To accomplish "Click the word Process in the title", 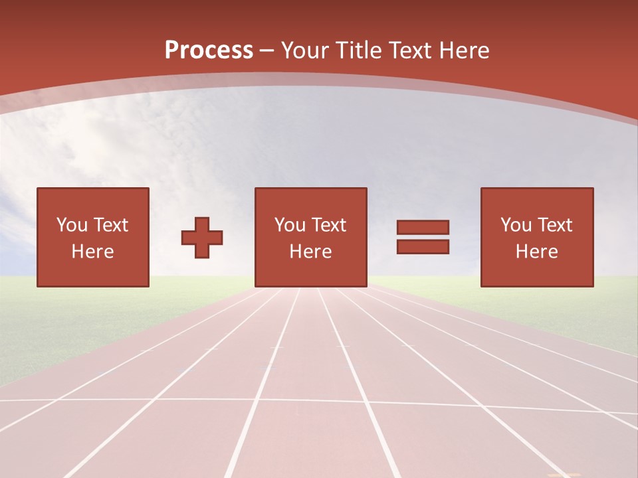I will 209,50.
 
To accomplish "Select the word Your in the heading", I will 304,50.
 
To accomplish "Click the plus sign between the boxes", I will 202,238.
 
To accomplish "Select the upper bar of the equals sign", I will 423,227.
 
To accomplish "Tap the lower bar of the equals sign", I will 423,246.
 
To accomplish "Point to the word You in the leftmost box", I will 72,225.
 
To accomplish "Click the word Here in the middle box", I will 310,252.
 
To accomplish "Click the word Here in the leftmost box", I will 92,252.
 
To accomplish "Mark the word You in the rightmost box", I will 516,225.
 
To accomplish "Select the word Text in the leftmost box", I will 110,225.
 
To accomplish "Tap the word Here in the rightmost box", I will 536,252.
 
